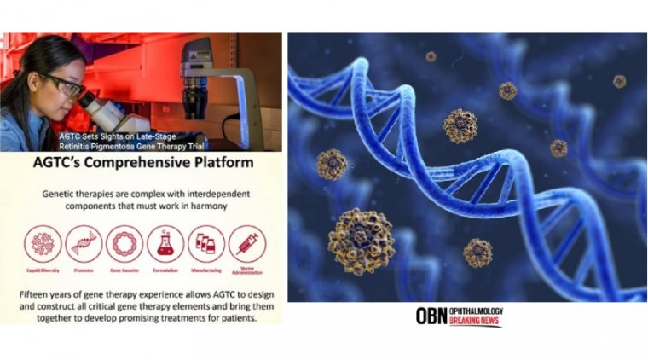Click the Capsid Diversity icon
[x=42, y=243]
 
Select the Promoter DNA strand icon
[x=83, y=243]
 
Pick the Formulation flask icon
[x=165, y=243]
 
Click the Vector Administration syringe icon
[x=246, y=243]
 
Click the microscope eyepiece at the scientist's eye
[x=87, y=100]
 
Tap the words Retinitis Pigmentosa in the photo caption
[x=101, y=144]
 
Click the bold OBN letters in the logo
[x=431, y=316]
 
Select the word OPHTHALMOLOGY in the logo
[x=477, y=311]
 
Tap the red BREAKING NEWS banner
[x=477, y=322]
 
